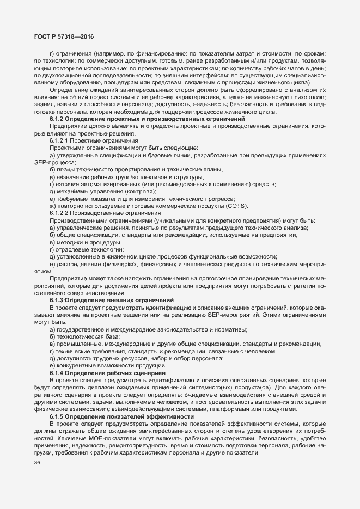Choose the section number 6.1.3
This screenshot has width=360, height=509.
pos(58,301)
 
